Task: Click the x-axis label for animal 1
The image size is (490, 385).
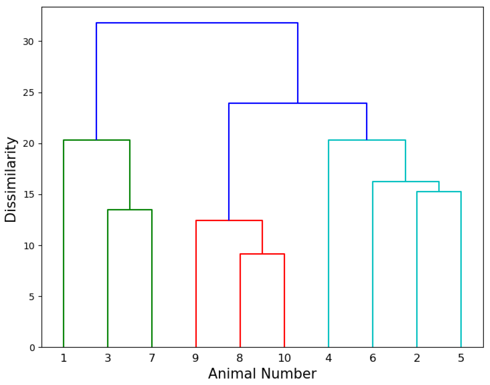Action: [64, 358]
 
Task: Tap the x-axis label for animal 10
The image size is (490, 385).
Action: [284, 358]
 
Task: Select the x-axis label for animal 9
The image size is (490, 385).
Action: [195, 358]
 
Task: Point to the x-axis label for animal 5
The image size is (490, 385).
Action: [461, 358]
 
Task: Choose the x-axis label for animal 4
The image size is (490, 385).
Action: [328, 358]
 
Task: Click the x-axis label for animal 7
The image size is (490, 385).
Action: [152, 358]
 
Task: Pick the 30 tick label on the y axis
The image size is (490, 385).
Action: [28, 42]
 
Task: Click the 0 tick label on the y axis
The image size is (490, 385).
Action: [32, 348]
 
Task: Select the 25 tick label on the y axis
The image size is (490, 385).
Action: [28, 93]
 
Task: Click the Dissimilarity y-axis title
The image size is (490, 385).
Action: [11, 179]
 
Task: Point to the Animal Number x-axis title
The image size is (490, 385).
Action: [262, 374]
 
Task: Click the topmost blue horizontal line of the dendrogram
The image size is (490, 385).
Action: [197, 23]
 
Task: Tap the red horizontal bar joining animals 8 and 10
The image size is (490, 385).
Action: [262, 254]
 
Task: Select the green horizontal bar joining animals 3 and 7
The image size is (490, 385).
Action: [130, 210]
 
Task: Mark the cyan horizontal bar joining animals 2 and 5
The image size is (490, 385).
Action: [439, 192]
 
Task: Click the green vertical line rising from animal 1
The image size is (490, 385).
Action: [64, 244]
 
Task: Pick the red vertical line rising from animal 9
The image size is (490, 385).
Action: [196, 283]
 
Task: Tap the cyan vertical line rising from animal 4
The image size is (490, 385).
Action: [328, 244]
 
